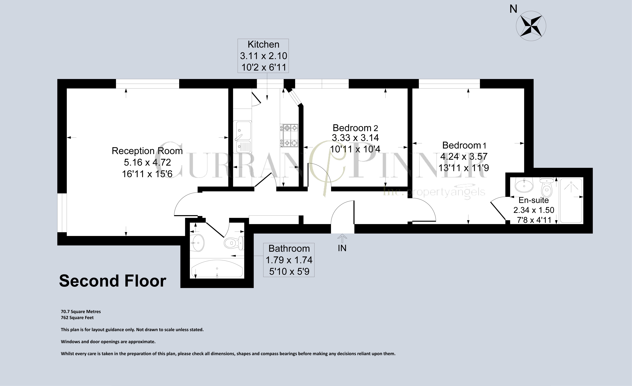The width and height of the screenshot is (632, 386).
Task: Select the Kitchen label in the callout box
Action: pos(263,44)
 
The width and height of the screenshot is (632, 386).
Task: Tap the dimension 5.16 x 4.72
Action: pos(147,162)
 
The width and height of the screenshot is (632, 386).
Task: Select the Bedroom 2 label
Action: pos(355,128)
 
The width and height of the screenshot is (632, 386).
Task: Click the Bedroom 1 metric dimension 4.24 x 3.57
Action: pos(464,156)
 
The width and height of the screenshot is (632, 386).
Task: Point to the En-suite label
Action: pos(534,200)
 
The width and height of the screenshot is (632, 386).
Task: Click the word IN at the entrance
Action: pos(342,248)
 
